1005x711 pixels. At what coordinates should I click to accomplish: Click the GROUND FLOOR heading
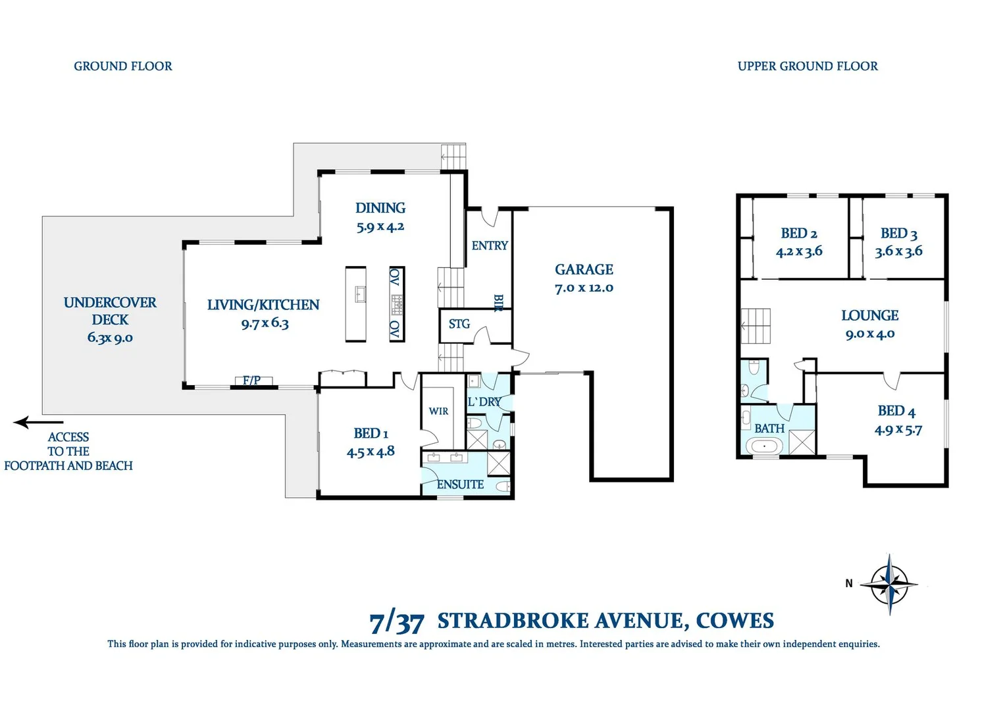pos(123,66)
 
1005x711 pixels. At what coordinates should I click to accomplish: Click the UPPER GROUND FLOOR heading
pos(808,66)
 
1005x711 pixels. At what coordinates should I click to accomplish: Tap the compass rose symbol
pos(889,584)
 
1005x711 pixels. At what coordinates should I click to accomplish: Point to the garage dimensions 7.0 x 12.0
pos(584,288)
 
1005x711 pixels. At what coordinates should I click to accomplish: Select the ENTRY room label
pos(490,246)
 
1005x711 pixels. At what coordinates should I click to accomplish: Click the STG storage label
pos(459,324)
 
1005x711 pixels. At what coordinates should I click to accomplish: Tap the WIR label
pos(438,411)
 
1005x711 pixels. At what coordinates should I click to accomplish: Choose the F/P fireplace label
pos(251,381)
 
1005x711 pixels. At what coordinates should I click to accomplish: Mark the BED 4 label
pos(896,411)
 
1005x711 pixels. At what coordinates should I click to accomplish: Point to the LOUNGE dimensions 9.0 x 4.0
pos(870,334)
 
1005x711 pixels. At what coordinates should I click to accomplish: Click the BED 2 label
pos(799,234)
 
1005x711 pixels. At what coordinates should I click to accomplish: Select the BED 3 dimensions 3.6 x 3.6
pos(898,251)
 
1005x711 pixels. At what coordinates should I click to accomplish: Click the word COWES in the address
pos(734,621)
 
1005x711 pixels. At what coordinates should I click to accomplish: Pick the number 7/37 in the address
pos(396,621)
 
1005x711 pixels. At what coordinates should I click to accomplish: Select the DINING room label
pos(380,208)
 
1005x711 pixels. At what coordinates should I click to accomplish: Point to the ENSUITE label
pos(460,485)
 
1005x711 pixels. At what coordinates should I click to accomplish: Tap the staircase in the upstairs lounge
pos(756,326)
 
